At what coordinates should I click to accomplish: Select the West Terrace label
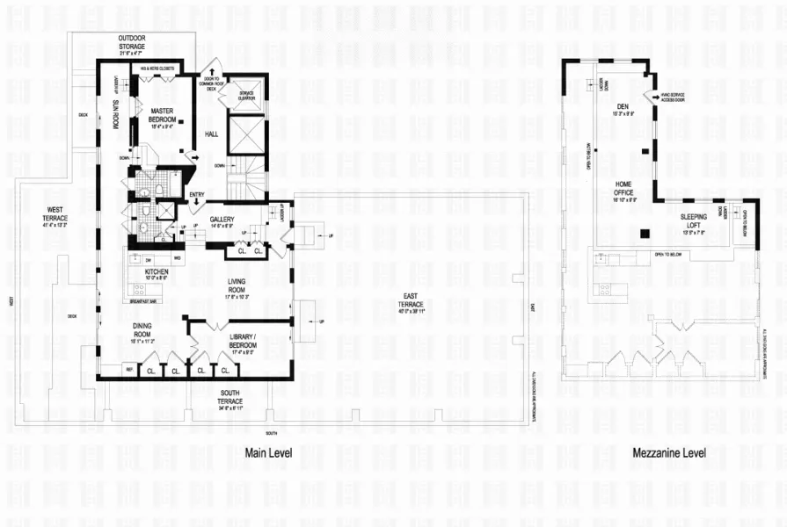(54, 213)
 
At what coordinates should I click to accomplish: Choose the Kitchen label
(157, 271)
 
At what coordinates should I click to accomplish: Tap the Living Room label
(236, 286)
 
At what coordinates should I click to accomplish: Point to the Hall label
(211, 134)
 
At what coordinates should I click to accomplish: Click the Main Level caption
(267, 453)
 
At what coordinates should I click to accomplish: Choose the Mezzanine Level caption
(669, 453)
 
